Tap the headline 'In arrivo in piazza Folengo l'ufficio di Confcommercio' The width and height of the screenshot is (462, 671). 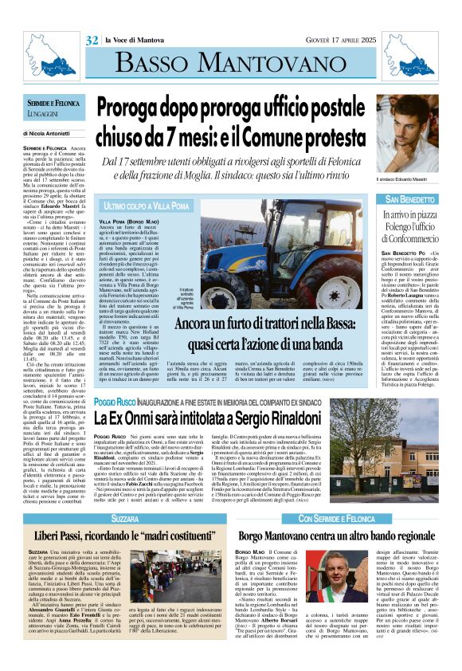(411, 226)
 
